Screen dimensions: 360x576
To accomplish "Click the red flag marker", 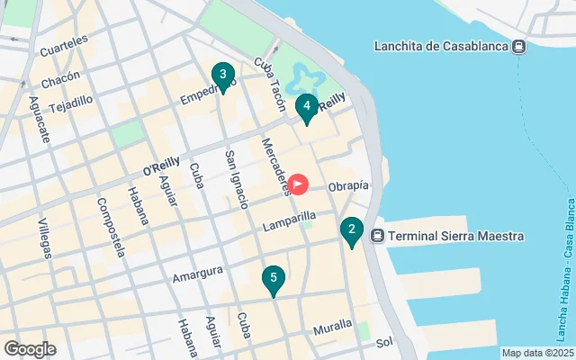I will pos(297,184).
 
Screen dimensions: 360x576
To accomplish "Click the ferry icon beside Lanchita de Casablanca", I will pos(518,47).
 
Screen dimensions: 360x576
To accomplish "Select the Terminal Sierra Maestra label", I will pos(456,237).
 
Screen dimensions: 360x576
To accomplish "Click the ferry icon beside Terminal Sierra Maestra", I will pos(378,237).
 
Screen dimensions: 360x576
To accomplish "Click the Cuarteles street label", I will pos(64,40).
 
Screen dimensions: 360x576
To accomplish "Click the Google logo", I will pos(30,349).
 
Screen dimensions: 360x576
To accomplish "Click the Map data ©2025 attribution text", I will pos(537,353).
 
